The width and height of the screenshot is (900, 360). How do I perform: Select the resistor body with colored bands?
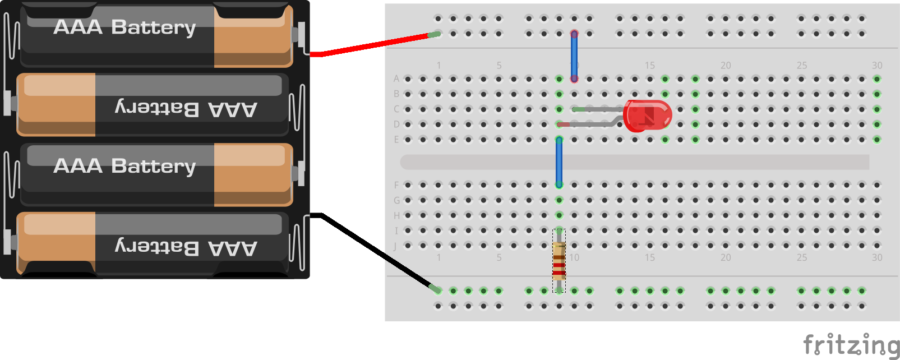559,261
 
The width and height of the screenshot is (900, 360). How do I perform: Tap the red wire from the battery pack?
370,45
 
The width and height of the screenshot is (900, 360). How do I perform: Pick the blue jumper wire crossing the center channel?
559,162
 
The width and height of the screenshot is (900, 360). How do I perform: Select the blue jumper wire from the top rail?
574,56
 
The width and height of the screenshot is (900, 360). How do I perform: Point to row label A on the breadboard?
396,79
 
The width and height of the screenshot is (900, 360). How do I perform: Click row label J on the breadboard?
395,246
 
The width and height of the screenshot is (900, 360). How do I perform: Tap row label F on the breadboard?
396,185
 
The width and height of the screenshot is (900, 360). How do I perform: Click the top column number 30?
877,66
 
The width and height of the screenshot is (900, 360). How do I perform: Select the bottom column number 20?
726,257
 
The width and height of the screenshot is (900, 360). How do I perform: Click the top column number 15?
649,66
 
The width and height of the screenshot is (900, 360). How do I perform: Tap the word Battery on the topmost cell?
153,27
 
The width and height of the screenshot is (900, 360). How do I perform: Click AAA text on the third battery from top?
78,166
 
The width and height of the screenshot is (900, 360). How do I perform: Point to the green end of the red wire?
435,35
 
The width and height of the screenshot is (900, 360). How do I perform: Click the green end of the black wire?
435,289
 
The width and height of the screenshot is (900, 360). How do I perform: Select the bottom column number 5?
499,257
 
